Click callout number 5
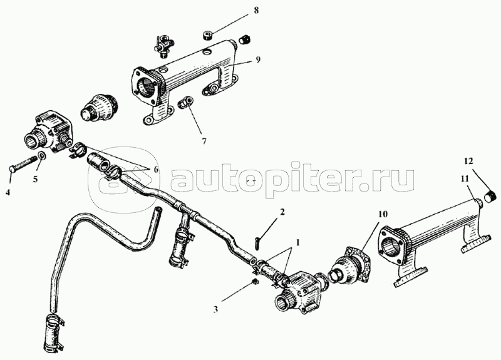(36, 179)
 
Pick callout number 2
(282, 212)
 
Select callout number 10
(382, 213)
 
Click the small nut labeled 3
(256, 282)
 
